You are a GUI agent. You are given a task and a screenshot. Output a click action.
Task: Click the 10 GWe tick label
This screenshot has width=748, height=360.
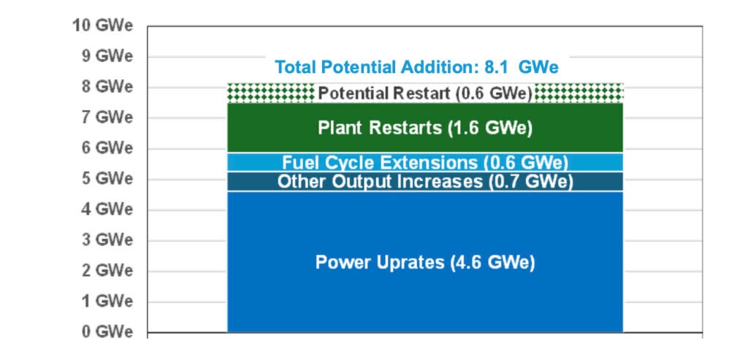coord(102,26)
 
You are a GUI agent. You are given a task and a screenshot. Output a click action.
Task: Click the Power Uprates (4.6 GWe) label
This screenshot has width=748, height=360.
coord(425,262)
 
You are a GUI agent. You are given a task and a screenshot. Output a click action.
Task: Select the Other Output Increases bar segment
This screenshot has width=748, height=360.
coord(425,181)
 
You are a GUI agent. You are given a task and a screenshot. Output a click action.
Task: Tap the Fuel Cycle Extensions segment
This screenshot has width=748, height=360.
coord(425,162)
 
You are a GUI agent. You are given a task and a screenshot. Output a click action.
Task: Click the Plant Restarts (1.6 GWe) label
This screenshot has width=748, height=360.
coord(425,128)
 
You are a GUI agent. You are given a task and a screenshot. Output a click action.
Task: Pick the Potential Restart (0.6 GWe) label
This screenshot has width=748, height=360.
coord(425,93)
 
